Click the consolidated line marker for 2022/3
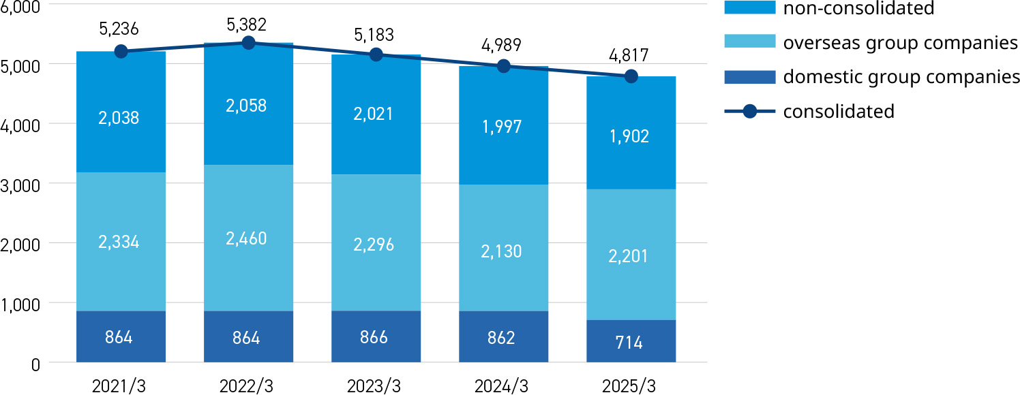pos(248,43)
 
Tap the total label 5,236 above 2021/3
pos(119,29)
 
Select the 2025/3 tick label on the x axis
pos(629,386)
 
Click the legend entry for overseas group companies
pos(900,43)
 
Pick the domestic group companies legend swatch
pos(749,77)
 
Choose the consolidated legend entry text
pos(839,111)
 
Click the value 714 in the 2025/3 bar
pos(629,343)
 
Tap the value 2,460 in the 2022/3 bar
pos(247,239)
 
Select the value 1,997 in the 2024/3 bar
pos(502,127)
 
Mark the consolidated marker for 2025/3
pos(631,76)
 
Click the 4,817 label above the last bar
pos(629,54)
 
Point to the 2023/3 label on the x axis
pos(374,386)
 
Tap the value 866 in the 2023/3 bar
pos(374,337)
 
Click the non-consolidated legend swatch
pos(749,8)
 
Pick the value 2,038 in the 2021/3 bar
pos(119,118)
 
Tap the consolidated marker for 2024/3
pos(503,66)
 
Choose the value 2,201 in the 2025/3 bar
pos(629,256)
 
